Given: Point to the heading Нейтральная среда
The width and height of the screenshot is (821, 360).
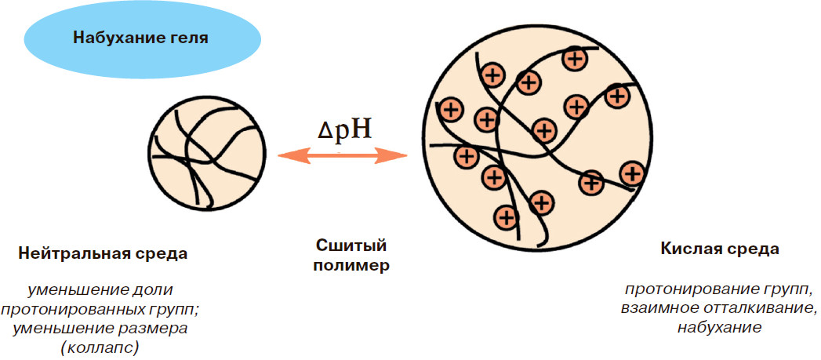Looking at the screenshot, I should point(103,254).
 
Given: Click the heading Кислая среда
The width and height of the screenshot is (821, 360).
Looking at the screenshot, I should point(720,249).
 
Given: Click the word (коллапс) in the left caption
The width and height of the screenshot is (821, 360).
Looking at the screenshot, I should point(103,346).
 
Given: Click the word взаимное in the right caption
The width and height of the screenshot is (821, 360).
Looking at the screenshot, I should point(658,308).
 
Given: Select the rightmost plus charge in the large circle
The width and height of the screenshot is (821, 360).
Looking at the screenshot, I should point(631,173).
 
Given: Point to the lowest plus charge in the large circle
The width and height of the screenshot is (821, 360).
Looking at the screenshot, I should point(507,216).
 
